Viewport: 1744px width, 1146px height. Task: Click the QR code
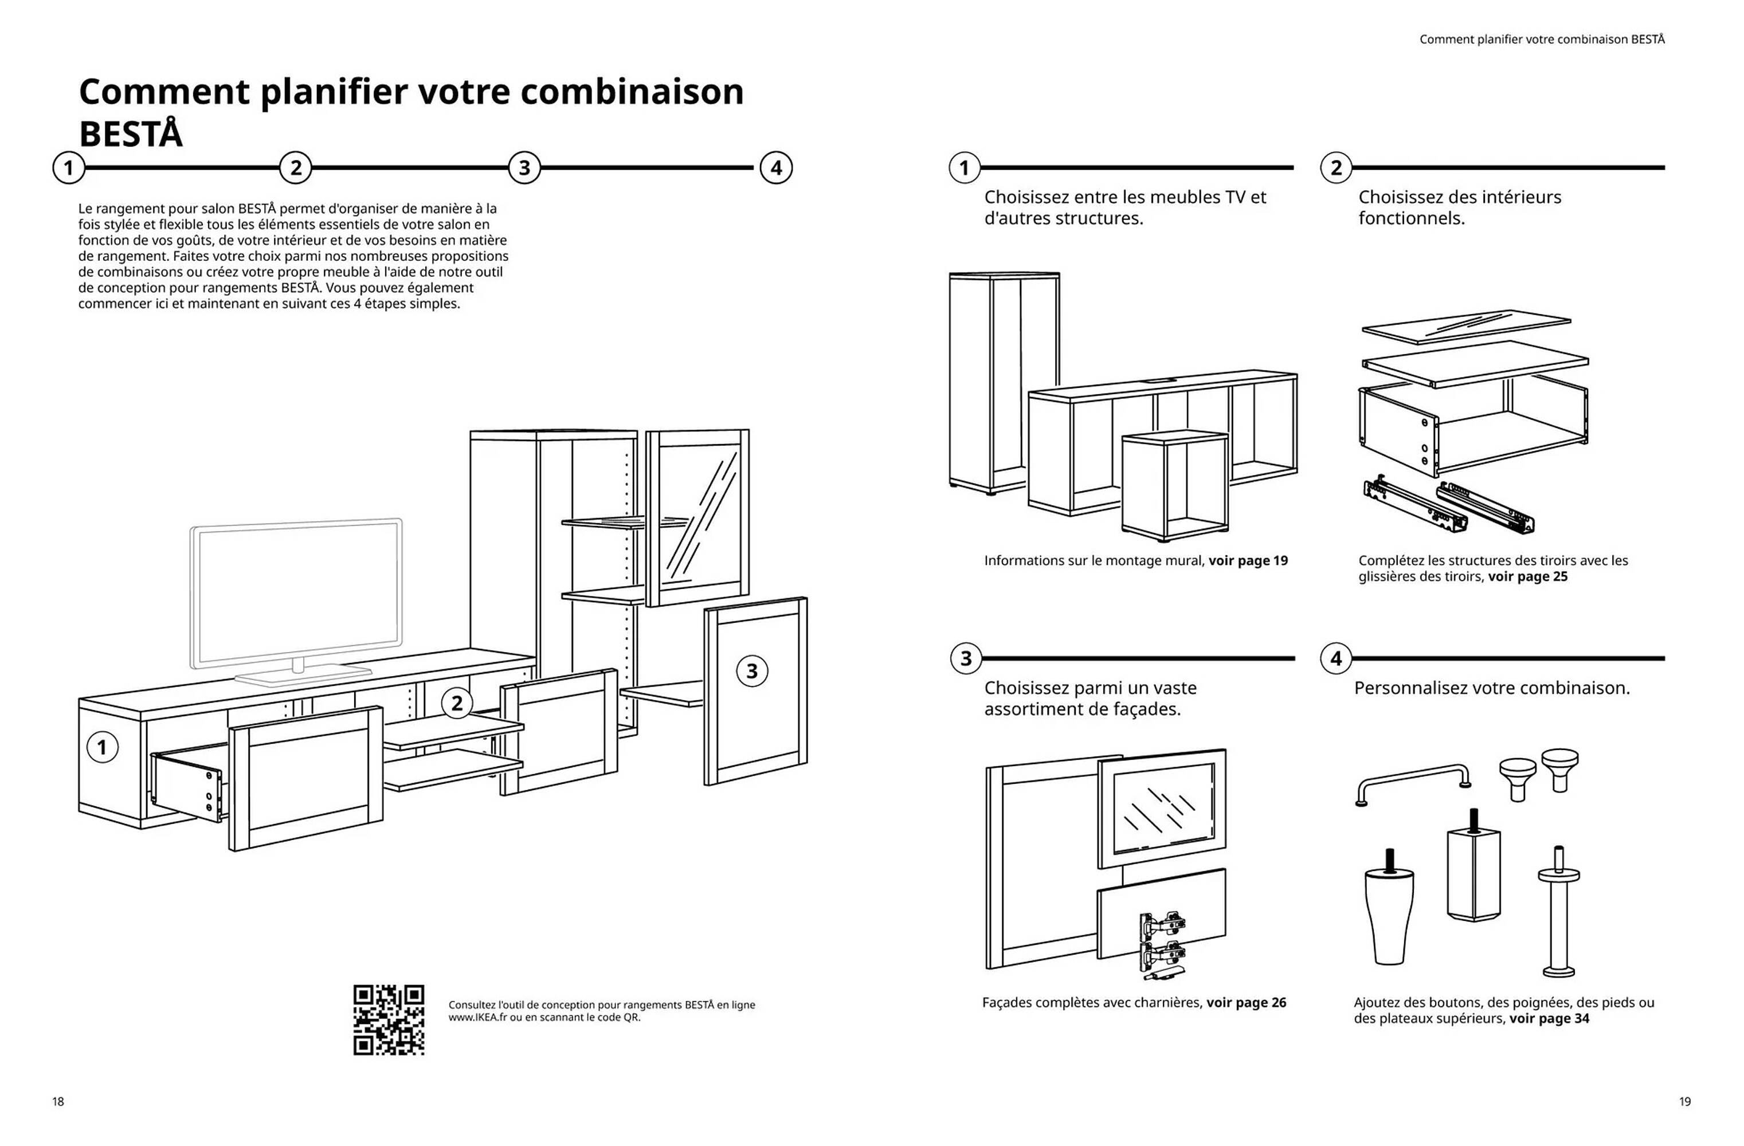pyautogui.click(x=389, y=1019)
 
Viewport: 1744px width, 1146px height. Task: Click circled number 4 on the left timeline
pyautogui.click(x=775, y=168)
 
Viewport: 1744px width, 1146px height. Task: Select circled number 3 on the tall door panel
pyautogui.click(x=752, y=670)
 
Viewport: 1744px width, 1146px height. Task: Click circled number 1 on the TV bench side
pyautogui.click(x=102, y=747)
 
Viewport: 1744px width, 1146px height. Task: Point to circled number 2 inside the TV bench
pyautogui.click(x=457, y=704)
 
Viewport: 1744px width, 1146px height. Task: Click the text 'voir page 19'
pyautogui.click(x=1247, y=560)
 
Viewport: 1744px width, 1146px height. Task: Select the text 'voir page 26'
pyautogui.click(x=1246, y=1002)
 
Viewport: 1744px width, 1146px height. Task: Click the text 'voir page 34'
pyautogui.click(x=1549, y=1018)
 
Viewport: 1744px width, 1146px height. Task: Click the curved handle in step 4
pyautogui.click(x=1413, y=782)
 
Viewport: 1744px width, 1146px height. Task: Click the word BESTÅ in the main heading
pyautogui.click(x=131, y=134)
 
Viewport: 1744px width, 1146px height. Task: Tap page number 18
pyautogui.click(x=58, y=1101)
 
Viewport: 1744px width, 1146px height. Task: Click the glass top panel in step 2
pyautogui.click(x=1465, y=326)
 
